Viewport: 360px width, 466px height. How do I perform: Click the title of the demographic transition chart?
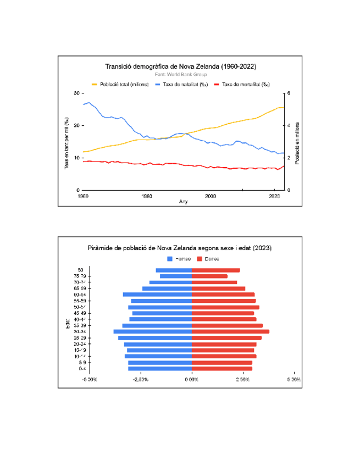point(180,66)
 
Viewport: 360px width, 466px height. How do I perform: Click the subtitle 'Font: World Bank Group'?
point(180,74)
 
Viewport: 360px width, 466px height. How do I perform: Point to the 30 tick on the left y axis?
point(76,93)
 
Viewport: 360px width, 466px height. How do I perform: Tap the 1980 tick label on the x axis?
point(147,196)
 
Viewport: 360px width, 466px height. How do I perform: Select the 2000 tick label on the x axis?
point(211,196)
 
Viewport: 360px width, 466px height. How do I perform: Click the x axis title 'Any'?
point(184,202)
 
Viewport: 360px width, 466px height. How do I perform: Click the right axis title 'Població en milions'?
point(297,141)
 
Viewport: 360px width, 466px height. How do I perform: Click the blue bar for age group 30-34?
point(153,331)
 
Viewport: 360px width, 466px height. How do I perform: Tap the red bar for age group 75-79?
point(209,276)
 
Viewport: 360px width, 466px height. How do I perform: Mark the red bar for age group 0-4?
point(222,369)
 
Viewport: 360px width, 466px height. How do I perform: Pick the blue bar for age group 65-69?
point(167,289)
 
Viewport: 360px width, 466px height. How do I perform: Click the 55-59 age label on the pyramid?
point(79,301)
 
